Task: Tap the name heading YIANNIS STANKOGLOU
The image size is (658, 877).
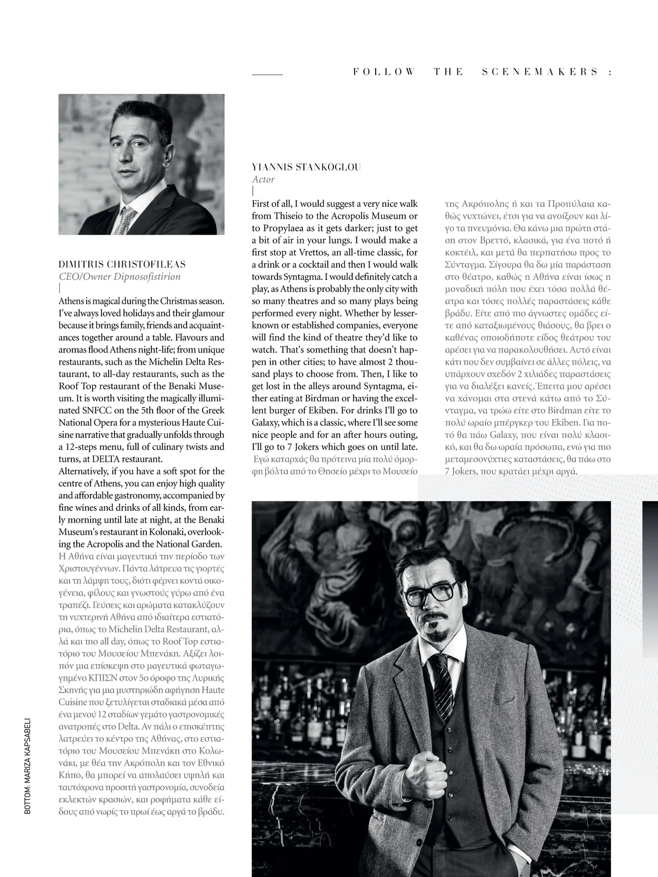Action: point(307,167)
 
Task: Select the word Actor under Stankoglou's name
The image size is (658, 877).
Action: point(263,179)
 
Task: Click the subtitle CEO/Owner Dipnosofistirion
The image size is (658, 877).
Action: point(120,276)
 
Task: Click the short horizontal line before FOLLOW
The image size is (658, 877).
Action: point(267,74)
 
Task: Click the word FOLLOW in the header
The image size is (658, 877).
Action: point(384,72)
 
